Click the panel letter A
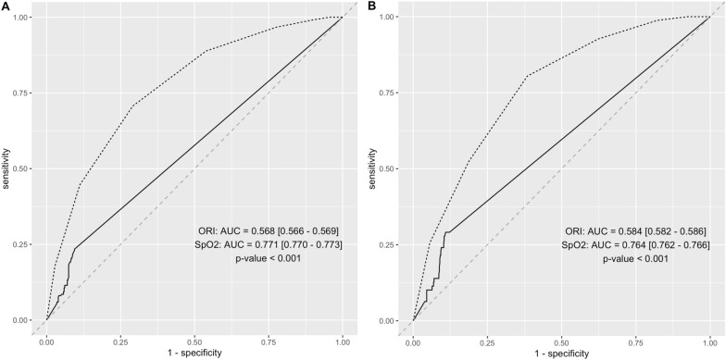click(x=5, y=6)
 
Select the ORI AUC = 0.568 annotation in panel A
click(x=278, y=230)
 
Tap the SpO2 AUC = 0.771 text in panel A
click(x=278, y=245)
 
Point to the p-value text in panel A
click(x=278, y=261)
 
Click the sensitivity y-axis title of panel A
click(x=7, y=168)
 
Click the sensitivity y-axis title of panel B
click(x=374, y=168)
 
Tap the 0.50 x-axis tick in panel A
click(x=194, y=340)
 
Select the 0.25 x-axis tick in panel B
click(x=487, y=340)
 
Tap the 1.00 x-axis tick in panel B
click(x=709, y=340)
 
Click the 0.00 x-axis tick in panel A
click(x=46, y=340)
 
